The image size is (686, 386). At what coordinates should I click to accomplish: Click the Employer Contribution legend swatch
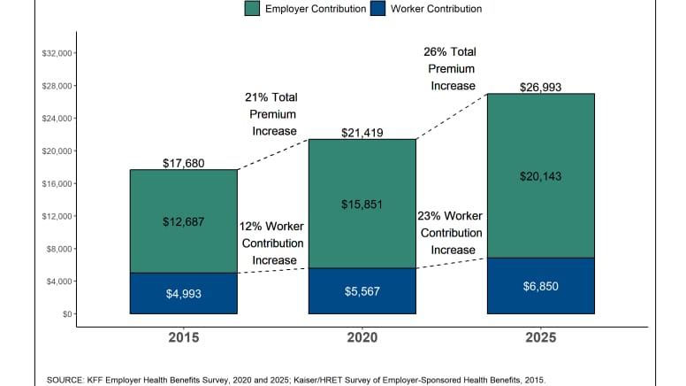pos(252,8)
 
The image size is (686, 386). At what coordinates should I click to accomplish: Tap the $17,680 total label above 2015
pos(184,163)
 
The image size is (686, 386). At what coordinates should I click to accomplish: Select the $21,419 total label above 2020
pos(362,133)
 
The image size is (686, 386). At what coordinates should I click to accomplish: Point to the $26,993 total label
pos(540,87)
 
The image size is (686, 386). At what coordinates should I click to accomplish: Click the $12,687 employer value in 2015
pos(184,221)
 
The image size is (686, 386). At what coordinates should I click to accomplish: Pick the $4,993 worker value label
pos(184,293)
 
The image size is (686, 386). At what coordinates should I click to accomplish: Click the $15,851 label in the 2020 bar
pos(362,205)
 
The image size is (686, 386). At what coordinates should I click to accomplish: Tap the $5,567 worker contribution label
pos(362,291)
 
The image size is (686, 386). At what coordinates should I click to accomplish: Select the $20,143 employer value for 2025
pos(540,175)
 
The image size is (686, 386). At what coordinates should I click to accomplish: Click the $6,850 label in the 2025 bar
pos(540,286)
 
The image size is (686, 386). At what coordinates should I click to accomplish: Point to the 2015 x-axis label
pos(184,338)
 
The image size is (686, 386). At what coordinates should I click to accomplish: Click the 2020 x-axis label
pos(362,338)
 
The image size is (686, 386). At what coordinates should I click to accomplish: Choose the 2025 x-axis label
pos(540,338)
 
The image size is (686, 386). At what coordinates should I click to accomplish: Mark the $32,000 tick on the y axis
pos(56,53)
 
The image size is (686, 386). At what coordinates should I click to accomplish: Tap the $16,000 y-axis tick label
pos(56,184)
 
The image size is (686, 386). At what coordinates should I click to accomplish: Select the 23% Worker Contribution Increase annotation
pos(449,233)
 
